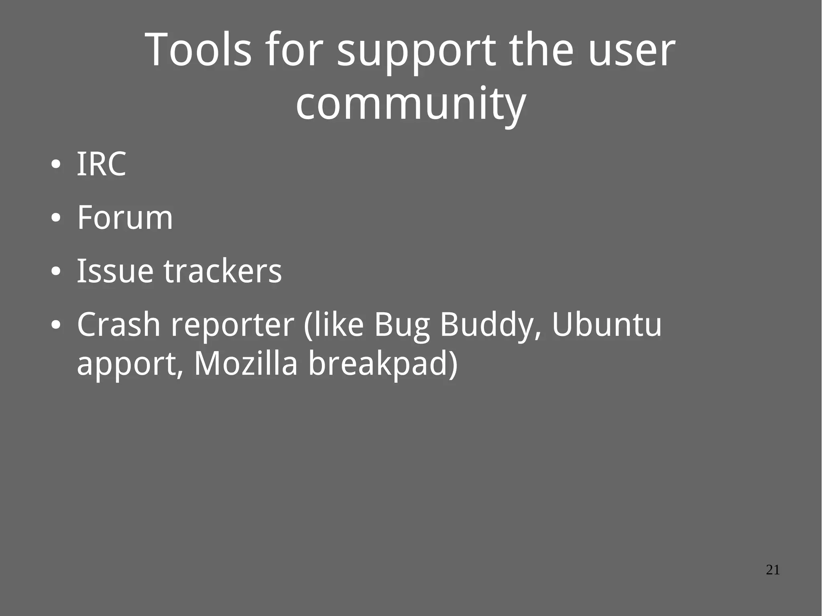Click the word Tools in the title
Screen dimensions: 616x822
198,50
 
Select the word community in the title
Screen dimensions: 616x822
411,104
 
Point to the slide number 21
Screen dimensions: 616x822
773,570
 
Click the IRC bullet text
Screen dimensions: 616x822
102,164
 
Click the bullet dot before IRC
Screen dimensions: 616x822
56,165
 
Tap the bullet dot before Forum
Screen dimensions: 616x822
56,218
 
